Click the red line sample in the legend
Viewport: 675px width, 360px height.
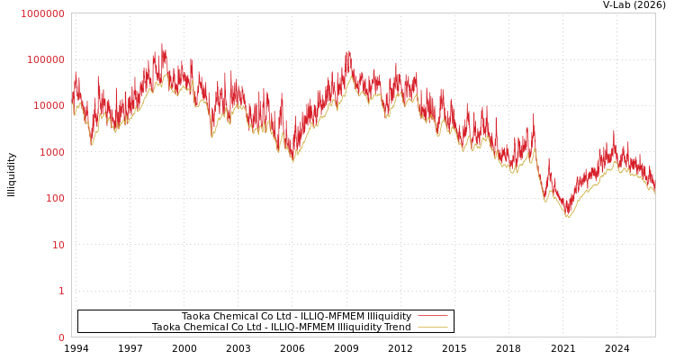(x=432, y=316)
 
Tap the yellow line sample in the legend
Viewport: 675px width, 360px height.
(x=432, y=327)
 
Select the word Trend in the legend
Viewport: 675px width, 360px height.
(x=396, y=327)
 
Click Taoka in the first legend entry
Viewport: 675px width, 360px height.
(x=196, y=316)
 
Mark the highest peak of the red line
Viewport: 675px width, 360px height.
(x=162, y=44)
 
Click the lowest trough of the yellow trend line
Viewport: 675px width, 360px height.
(x=567, y=217)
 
